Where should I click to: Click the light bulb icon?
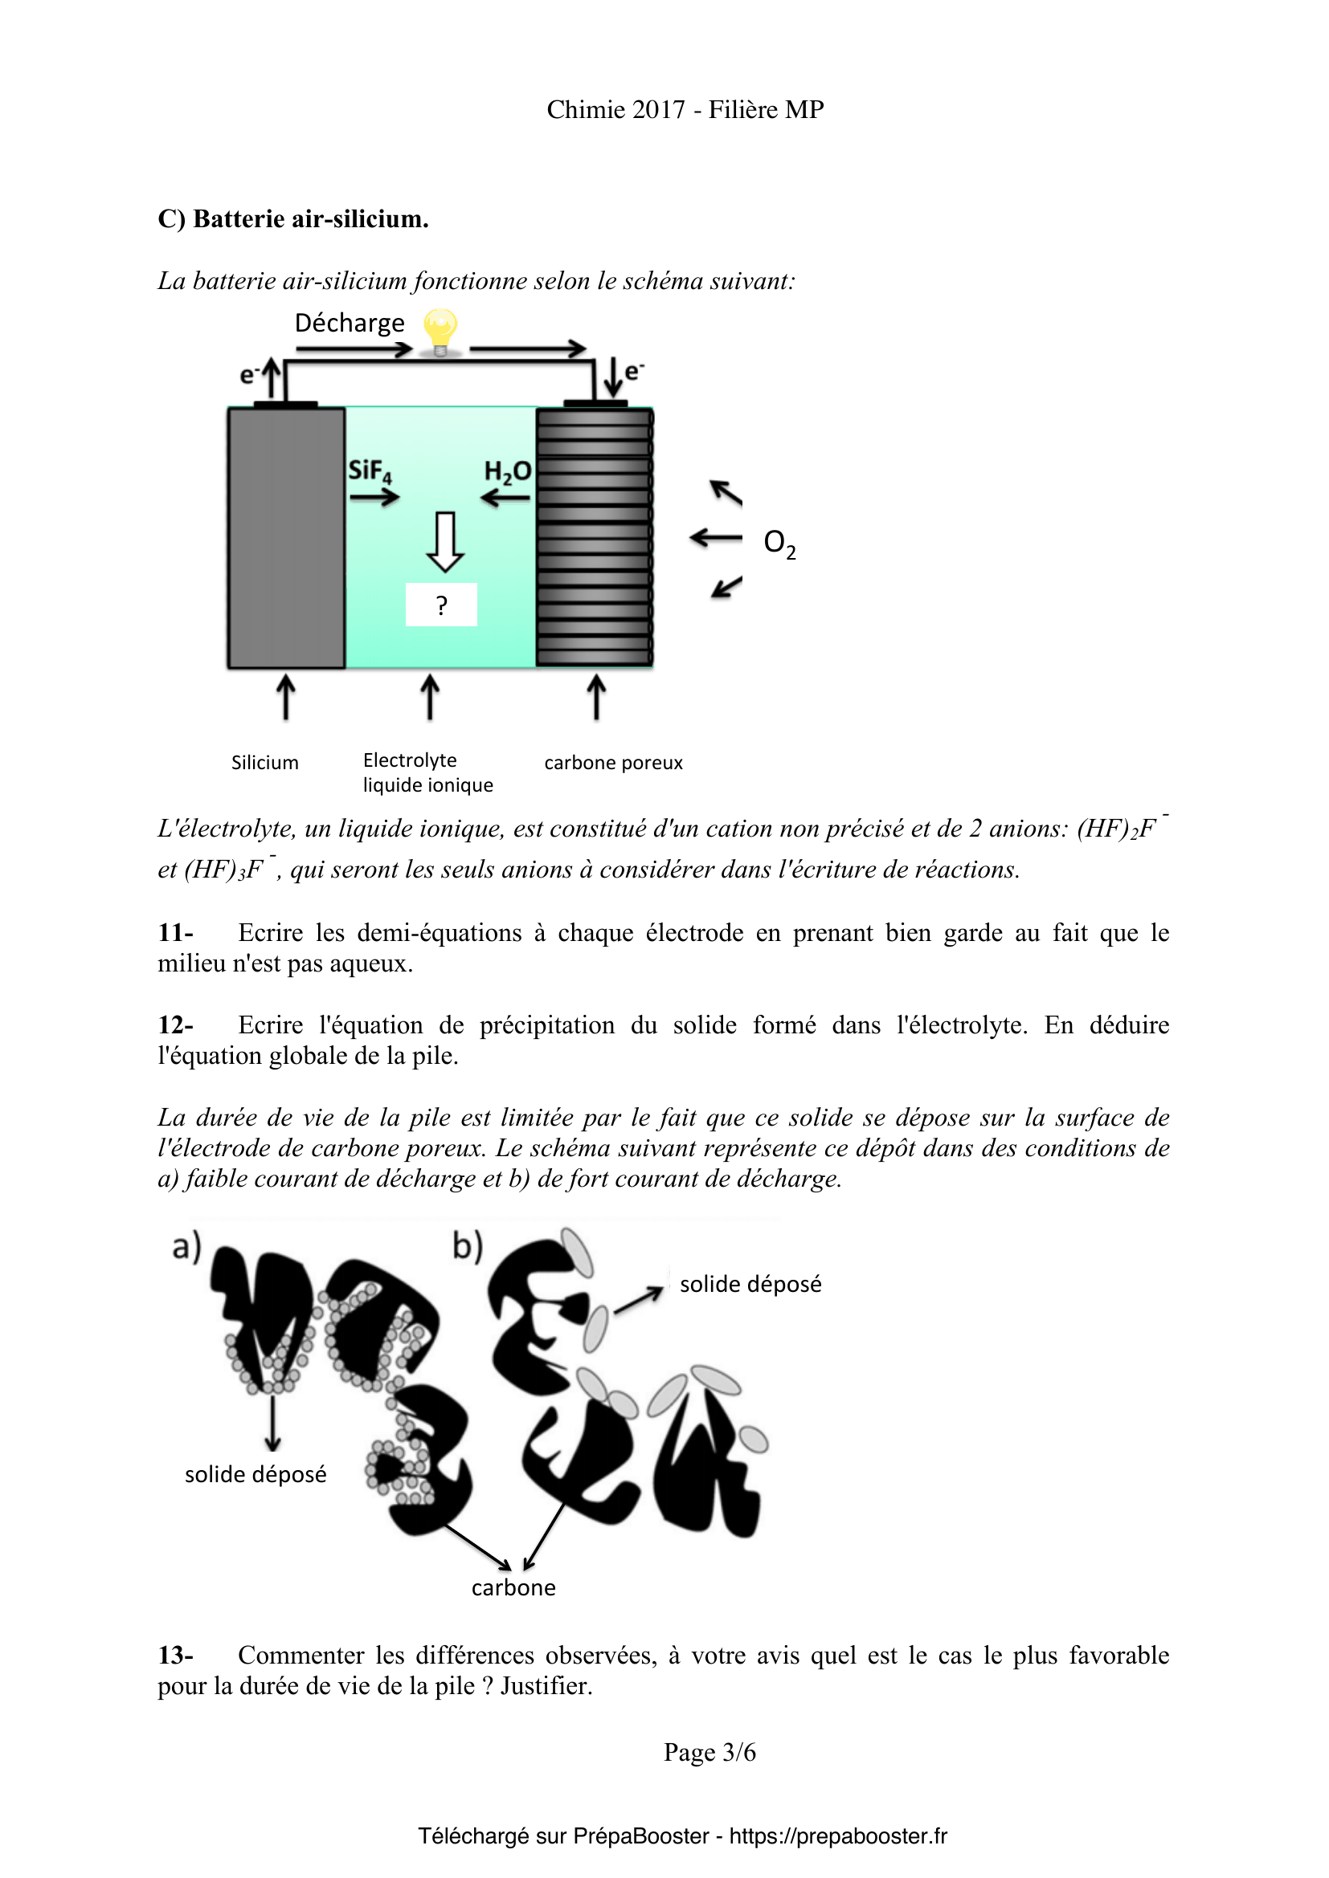(x=440, y=332)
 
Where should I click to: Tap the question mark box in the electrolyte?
(x=441, y=605)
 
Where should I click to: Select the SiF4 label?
(x=370, y=471)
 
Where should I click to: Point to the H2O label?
(x=507, y=472)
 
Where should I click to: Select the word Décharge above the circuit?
(x=350, y=323)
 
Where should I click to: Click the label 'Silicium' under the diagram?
(x=265, y=762)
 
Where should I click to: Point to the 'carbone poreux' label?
(x=613, y=762)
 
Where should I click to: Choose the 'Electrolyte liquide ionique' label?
(x=427, y=773)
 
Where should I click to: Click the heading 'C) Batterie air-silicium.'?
(x=293, y=219)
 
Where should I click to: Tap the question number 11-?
(x=175, y=932)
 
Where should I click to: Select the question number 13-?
(x=175, y=1655)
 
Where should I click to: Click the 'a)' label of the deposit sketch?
(x=186, y=1247)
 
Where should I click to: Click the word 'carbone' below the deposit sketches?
(x=513, y=1587)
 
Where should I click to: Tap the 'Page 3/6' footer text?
(x=709, y=1752)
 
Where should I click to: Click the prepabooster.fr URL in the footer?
(x=838, y=1835)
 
